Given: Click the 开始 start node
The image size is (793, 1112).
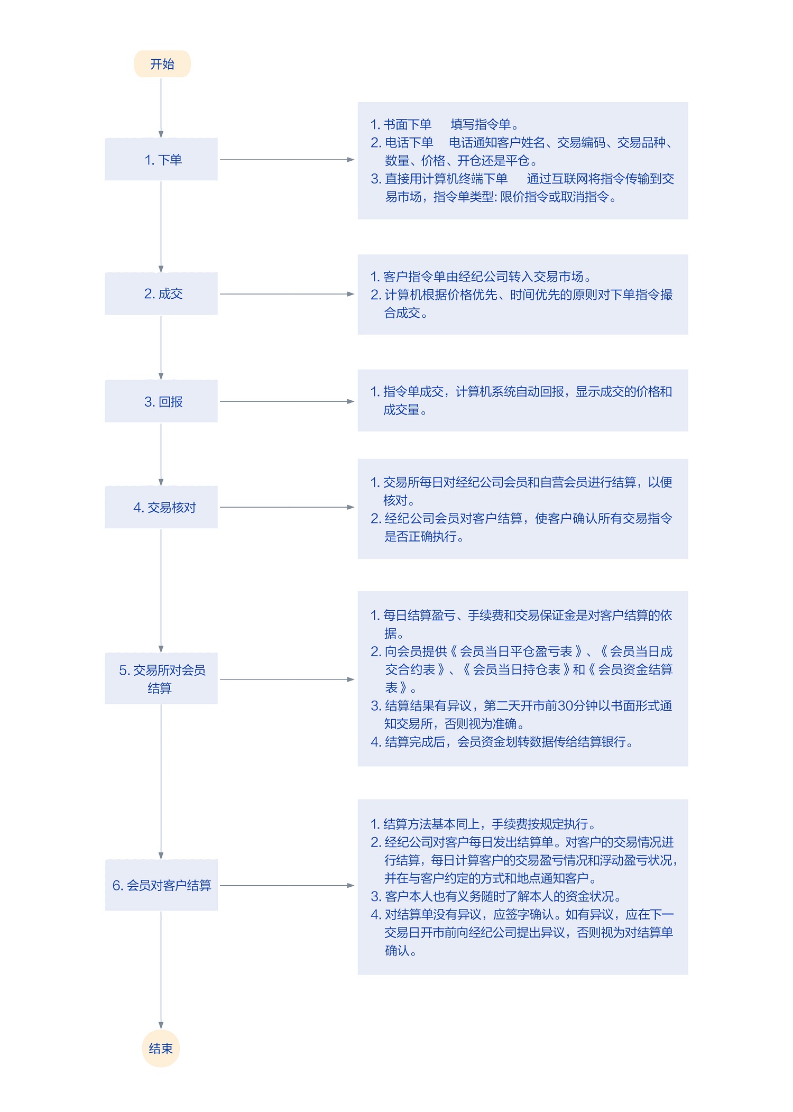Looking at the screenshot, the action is click(162, 64).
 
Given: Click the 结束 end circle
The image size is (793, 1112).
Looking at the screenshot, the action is click(161, 1048).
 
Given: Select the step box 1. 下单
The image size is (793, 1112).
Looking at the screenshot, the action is click(161, 159).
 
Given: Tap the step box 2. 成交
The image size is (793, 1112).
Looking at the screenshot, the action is click(161, 293).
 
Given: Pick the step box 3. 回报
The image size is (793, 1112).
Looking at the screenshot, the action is click(161, 401).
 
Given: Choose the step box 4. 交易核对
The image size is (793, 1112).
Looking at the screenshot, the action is click(161, 507).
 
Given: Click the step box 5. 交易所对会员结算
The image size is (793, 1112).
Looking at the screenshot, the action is click(161, 678).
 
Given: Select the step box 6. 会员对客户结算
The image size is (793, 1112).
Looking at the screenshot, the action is click(161, 885).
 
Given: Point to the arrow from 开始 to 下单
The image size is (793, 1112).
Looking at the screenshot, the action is click(161, 108).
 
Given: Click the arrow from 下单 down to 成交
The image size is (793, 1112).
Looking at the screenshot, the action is click(161, 227).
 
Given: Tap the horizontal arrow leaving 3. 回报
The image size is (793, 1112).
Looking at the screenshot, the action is click(287, 401).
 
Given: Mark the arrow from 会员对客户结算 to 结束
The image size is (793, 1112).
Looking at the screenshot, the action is click(161, 970).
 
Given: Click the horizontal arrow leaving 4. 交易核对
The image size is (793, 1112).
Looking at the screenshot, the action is click(287, 507).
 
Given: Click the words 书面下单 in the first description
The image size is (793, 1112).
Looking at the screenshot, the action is click(408, 124).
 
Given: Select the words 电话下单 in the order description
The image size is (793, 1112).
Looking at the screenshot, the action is click(409, 143).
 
